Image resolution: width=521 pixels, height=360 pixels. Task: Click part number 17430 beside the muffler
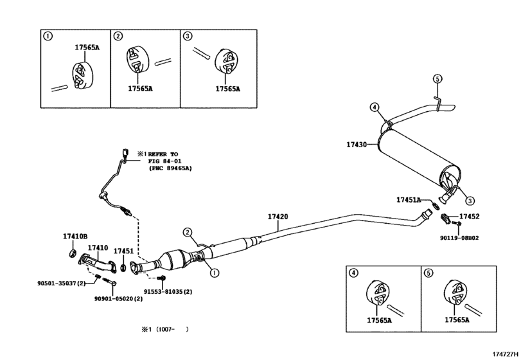pos(357,145)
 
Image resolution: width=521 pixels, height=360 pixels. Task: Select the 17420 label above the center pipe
pos(278,217)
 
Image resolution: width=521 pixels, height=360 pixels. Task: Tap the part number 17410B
pos(75,237)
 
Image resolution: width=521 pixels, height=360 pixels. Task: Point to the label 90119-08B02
pos(459,238)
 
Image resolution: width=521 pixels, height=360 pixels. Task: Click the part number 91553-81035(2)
pos(168,291)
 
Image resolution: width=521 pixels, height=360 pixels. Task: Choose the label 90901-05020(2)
pos(118,298)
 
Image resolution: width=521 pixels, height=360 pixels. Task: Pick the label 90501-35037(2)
pos(62,283)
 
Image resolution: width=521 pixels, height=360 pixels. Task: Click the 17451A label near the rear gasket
pos(409,200)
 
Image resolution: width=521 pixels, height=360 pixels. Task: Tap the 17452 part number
pos(470,217)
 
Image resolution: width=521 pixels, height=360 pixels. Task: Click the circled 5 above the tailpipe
pos(437,79)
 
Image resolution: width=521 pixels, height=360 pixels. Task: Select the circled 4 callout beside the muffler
pos(374,107)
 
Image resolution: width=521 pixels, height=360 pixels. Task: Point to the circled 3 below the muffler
pos(470,201)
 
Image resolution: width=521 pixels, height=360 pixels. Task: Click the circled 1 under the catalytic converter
pos(215,273)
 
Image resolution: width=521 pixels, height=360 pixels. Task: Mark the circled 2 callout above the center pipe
pos(188,232)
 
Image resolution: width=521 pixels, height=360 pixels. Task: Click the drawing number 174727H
pos(506,354)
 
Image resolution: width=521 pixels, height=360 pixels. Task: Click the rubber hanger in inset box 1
pos(83,75)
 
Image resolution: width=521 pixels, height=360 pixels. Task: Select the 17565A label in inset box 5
pos(457,319)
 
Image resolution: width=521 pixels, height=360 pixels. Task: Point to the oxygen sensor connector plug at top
pos(125,152)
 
